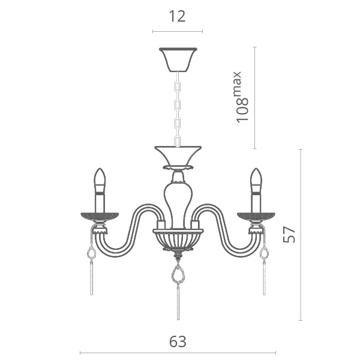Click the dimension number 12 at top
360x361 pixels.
177,17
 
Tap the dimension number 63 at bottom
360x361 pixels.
178,342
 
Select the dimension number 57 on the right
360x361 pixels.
289,235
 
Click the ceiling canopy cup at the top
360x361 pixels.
178,59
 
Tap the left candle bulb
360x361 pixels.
100,180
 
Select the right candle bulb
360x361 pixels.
256,180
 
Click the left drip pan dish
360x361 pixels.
100,217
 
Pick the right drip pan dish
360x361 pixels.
256,217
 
